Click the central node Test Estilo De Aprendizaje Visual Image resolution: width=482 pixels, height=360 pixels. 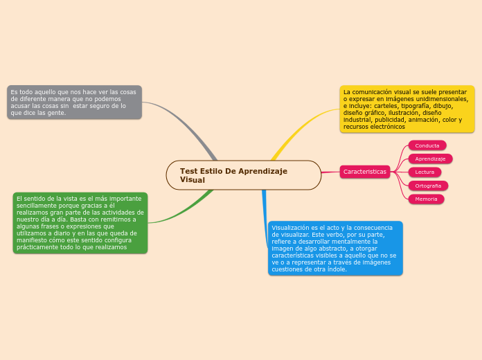(243, 175)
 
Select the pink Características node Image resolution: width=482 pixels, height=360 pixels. (365, 171)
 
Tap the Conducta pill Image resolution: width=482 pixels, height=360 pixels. (427, 145)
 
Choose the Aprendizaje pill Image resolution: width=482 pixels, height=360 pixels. (430, 159)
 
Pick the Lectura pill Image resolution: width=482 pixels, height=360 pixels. (425, 172)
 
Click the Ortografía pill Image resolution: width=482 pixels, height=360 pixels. (428, 186)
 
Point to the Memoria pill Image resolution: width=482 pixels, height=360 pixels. (426, 199)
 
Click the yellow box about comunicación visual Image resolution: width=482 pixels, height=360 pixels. (407, 109)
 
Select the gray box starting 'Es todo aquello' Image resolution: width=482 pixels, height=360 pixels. (74, 102)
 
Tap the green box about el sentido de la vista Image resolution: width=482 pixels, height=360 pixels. (80, 222)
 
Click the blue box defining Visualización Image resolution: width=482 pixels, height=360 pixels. (335, 248)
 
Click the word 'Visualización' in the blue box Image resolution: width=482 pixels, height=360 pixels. (291, 227)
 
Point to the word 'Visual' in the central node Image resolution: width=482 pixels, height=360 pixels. (193, 180)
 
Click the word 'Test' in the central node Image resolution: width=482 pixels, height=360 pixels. (188, 170)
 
